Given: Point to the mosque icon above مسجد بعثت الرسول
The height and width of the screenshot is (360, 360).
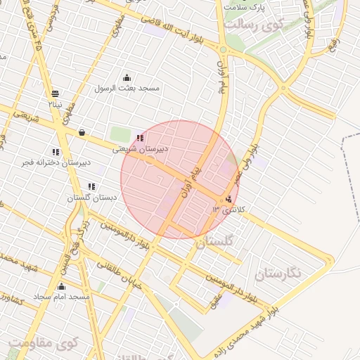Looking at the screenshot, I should tap(127, 77).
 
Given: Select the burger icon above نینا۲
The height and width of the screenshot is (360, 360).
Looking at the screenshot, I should tap(55, 94).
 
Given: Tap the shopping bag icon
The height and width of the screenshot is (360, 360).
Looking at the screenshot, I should tap(82, 131).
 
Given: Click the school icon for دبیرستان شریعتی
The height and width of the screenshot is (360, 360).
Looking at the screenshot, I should tap(140, 138).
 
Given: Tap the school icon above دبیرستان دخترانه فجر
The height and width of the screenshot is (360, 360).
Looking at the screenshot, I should tap(56, 152).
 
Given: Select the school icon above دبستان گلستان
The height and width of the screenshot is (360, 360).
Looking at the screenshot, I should tap(91, 187).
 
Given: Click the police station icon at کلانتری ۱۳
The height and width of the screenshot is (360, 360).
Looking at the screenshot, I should tap(231, 199).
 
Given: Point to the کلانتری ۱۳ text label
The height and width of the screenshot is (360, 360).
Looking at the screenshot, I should tap(226, 210).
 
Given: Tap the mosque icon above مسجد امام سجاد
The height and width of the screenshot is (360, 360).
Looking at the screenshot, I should tap(61, 287).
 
